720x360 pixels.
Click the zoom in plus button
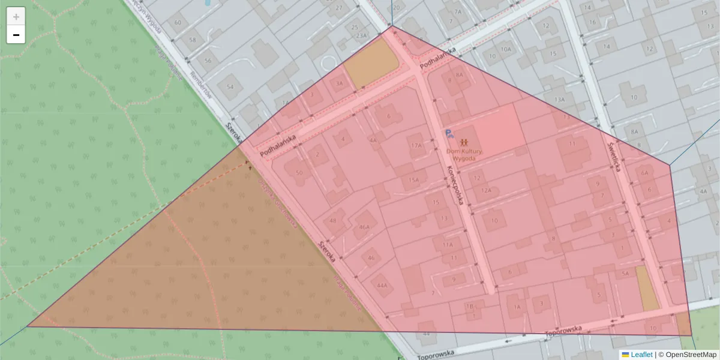click(16, 17)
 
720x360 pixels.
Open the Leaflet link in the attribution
click(641, 355)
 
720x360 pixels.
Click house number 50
click(299, 173)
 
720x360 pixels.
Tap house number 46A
click(364, 227)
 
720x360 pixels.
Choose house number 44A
click(382, 286)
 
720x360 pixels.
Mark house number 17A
click(416, 146)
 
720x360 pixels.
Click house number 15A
click(413, 180)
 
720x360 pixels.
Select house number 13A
click(560, 100)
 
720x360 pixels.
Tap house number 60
click(178, 23)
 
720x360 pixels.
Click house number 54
click(230, 86)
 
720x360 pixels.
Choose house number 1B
click(469, 305)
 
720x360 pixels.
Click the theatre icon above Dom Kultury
click(464, 143)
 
